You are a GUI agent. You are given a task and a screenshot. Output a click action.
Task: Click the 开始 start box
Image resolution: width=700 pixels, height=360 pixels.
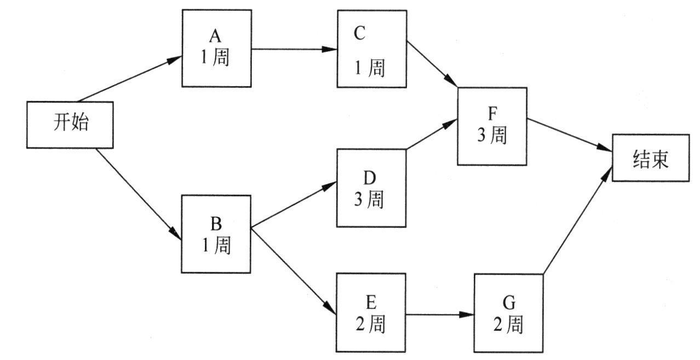71,124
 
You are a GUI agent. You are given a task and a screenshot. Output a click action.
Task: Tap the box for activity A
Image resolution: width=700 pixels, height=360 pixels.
217,48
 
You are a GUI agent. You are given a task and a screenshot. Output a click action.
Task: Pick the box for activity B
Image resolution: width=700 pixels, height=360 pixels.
216,234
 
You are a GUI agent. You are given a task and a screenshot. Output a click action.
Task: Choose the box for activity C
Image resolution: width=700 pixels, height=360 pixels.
372,48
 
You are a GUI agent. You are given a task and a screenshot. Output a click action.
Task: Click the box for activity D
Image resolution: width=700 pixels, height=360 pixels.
371,188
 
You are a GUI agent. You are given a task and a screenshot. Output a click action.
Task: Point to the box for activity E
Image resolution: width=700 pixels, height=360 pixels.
371,312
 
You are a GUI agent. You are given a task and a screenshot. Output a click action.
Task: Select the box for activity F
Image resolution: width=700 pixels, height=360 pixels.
492,126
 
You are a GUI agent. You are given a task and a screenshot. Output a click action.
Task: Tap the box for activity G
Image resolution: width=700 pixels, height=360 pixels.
509,313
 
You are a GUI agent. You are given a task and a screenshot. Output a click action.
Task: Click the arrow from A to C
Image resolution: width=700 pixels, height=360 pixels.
294,49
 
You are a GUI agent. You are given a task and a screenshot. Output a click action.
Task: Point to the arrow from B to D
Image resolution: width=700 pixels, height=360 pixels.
293,204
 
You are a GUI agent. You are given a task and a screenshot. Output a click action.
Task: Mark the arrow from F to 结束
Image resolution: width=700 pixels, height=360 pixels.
570,135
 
